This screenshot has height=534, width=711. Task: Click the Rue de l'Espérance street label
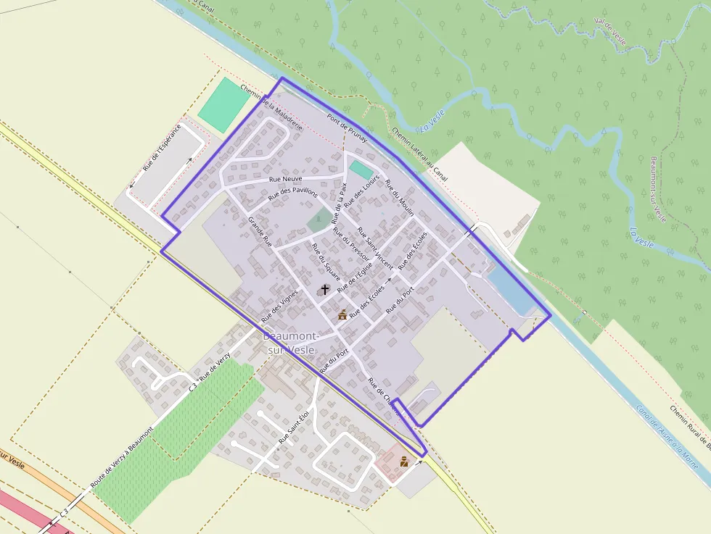tap(162, 149)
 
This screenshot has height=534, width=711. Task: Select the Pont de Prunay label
tap(347, 128)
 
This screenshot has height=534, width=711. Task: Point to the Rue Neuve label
tap(285, 178)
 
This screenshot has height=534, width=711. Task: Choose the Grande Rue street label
tap(260, 232)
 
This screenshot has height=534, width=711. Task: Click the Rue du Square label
tap(326, 262)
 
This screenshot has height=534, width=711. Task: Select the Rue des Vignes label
tap(280, 306)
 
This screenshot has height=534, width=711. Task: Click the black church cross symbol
tap(325, 289)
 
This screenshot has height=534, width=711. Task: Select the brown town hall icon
tap(342, 314)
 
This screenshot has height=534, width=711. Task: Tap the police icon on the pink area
tap(404, 462)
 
